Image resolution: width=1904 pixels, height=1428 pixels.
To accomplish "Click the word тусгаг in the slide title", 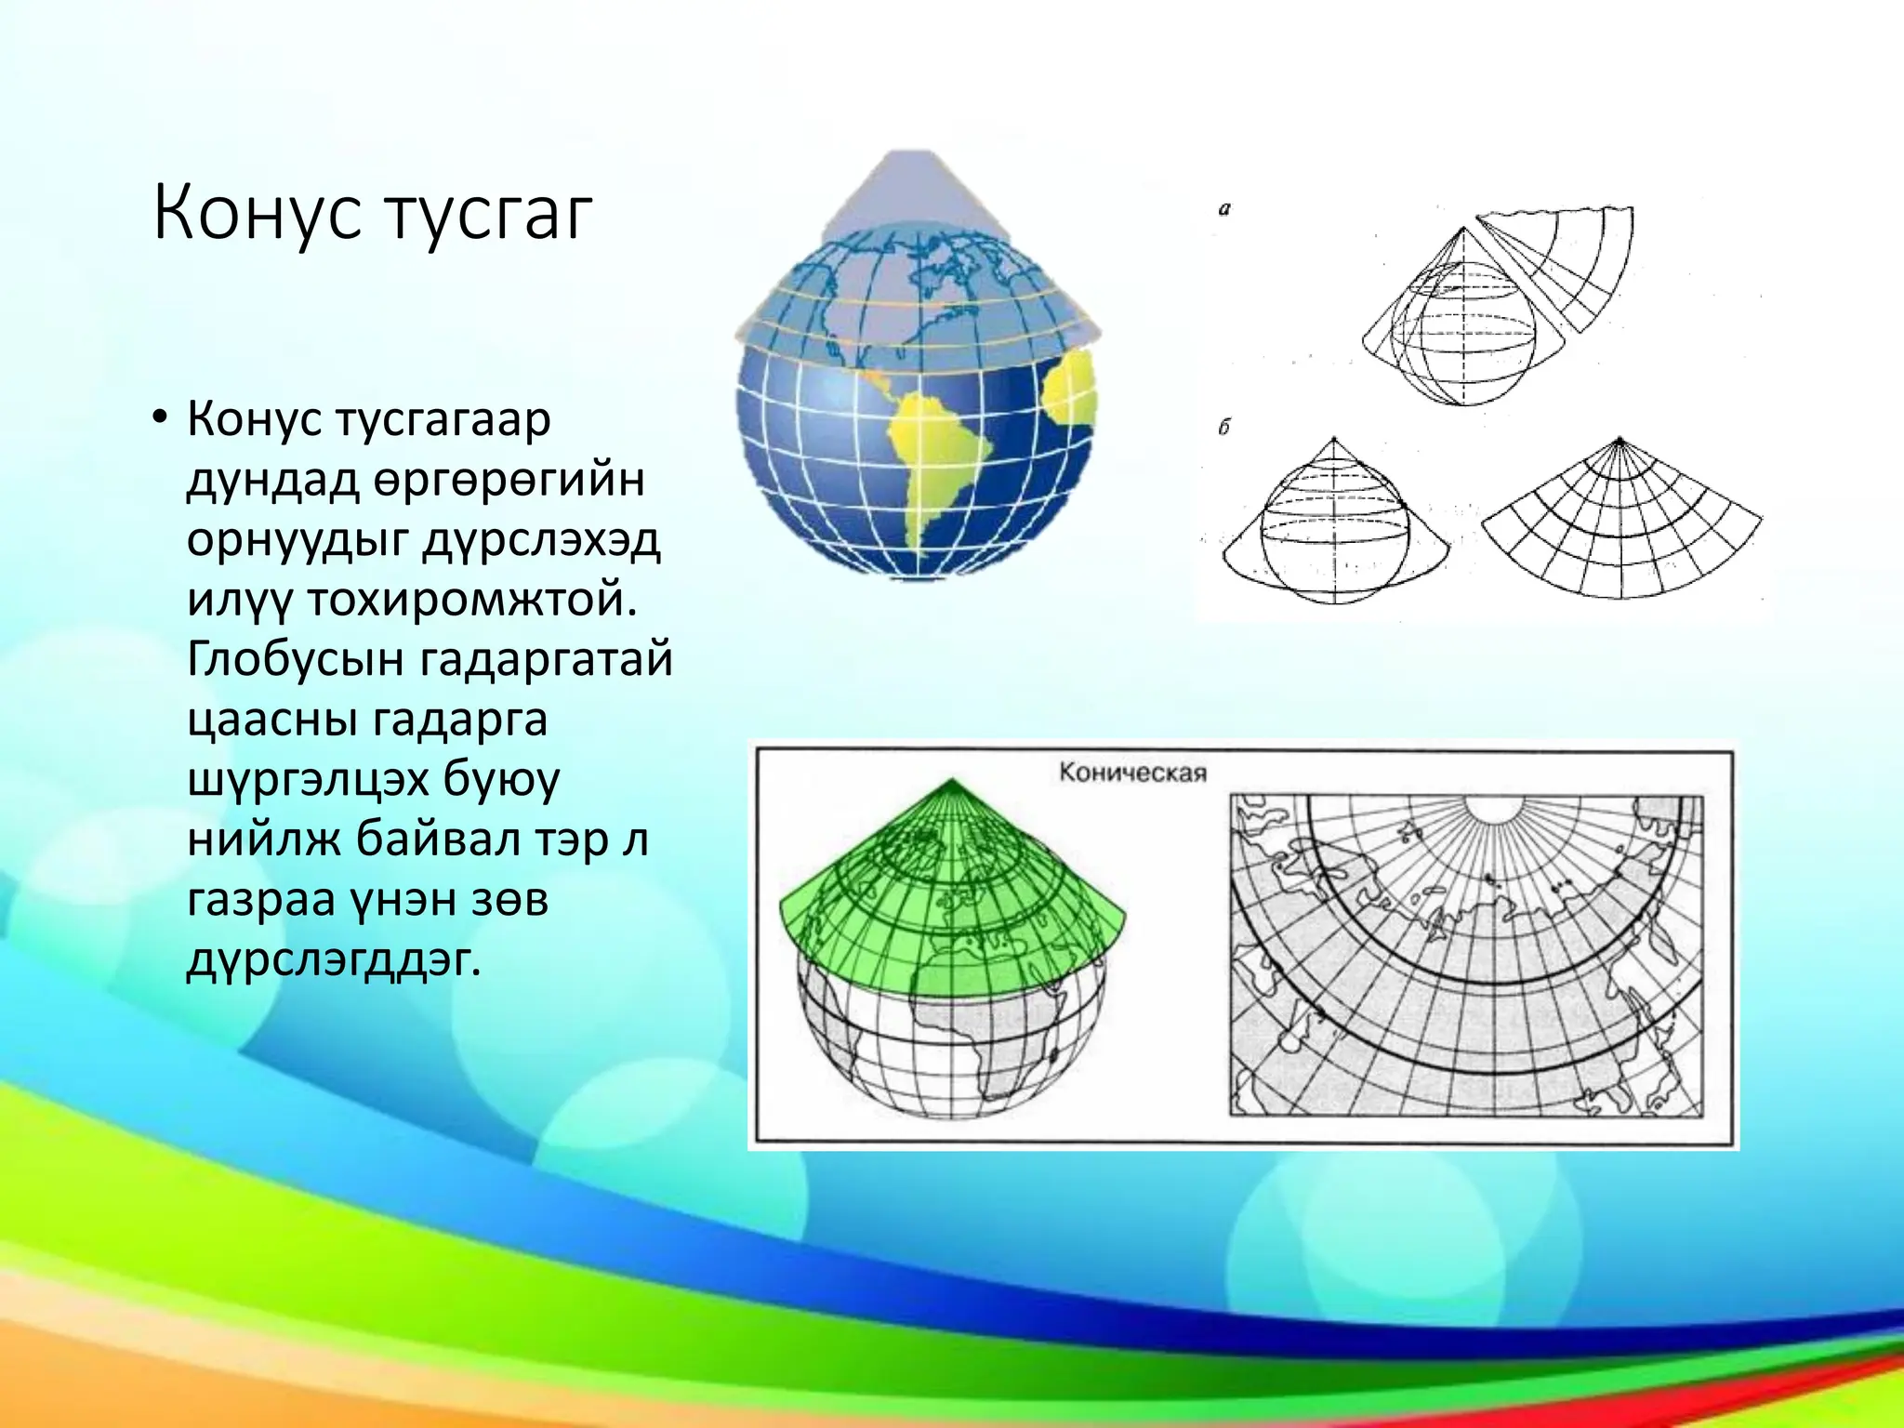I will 487,216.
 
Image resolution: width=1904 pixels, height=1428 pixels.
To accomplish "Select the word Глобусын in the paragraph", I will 295,659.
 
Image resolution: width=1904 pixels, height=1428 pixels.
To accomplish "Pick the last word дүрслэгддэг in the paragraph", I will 334,959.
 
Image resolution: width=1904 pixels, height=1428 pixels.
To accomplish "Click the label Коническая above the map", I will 1131,773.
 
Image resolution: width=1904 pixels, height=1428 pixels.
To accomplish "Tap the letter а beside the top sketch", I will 1223,210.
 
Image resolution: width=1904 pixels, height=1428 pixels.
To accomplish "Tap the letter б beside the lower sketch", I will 1223,428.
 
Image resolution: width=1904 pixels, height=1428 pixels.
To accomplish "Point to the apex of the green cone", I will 951,783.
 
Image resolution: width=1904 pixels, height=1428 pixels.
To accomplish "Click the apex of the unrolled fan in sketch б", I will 1620,441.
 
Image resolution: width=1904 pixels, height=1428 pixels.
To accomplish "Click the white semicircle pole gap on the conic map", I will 1493,806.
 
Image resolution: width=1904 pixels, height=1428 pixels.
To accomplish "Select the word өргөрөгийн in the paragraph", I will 509,479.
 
